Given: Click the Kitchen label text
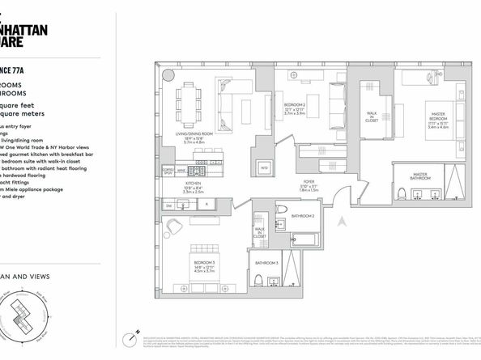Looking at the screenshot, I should [x=194, y=184].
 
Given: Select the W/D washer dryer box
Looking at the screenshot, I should [x=264, y=167].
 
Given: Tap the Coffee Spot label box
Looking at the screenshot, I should [x=168, y=171].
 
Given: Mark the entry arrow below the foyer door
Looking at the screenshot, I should [x=342, y=219].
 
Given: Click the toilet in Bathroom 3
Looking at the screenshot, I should [x=257, y=280].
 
